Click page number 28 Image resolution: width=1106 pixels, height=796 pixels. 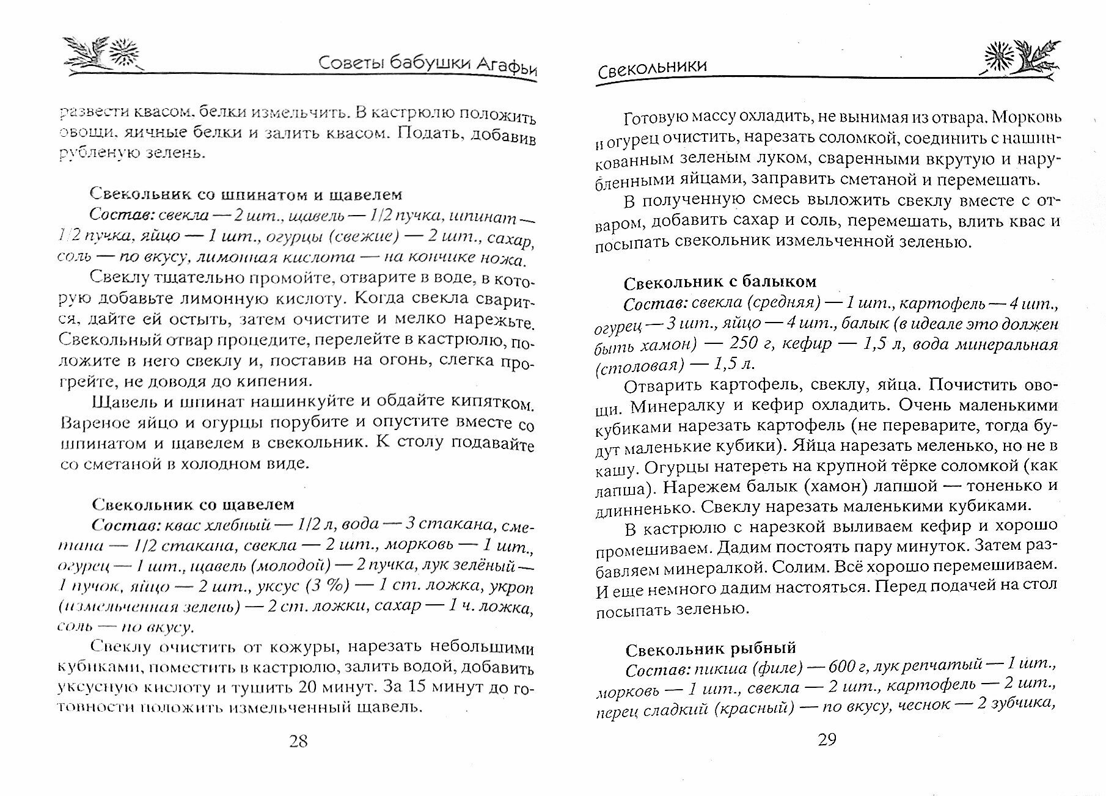point(298,741)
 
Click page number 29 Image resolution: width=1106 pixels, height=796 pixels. point(827,740)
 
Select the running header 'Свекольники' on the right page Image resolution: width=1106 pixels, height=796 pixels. point(652,66)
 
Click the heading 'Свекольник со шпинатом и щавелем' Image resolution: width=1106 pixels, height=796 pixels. point(246,194)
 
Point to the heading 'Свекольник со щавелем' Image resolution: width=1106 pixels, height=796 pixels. point(193,504)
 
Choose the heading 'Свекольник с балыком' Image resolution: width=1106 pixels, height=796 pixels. point(720,282)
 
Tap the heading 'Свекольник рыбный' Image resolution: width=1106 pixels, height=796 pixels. point(711,648)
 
